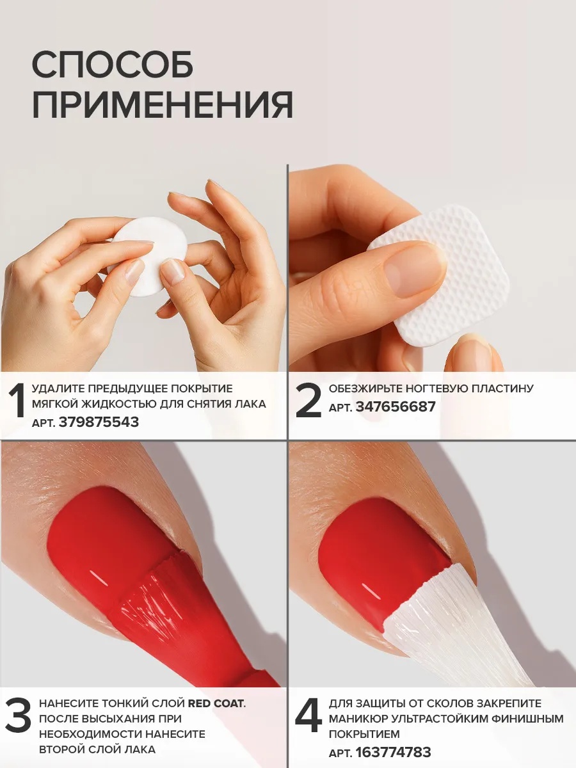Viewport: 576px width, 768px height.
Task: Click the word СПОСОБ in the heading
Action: (112, 65)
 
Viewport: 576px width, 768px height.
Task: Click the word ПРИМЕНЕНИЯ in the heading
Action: (163, 105)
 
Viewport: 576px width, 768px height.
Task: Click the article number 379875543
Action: (99, 422)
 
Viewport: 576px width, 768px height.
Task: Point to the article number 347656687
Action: (396, 406)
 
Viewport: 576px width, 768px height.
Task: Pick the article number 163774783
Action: (393, 749)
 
